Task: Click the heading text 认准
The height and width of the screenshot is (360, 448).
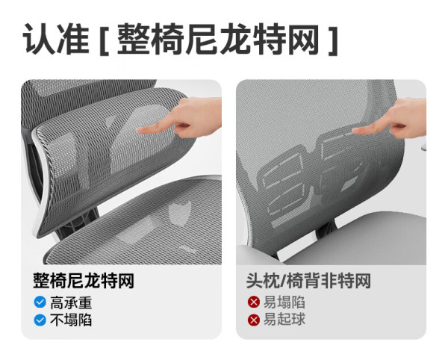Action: pos(56,39)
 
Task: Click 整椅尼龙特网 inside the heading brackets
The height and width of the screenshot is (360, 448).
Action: pos(218,39)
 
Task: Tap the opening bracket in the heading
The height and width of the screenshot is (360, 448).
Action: pos(104,40)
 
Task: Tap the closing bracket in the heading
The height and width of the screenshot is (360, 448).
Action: pos(333,40)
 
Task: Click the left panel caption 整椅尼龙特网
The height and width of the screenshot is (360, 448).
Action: pos(84,281)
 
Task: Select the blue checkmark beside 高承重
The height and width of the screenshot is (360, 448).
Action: pos(40,302)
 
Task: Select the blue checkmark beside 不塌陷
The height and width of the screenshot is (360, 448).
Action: pos(40,320)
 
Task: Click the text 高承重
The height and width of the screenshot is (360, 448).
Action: pos(71,302)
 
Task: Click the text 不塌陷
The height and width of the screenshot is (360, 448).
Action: pos(71,320)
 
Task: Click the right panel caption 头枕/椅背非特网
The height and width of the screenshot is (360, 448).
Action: pos(308,281)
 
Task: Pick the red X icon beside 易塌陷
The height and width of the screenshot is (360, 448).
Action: pos(254,302)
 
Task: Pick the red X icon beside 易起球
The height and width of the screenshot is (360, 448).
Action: pos(254,320)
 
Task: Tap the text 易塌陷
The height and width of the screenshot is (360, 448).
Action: pos(284,302)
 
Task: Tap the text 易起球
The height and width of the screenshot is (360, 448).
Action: pos(284,320)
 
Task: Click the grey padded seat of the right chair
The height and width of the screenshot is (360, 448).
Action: pos(357,240)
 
